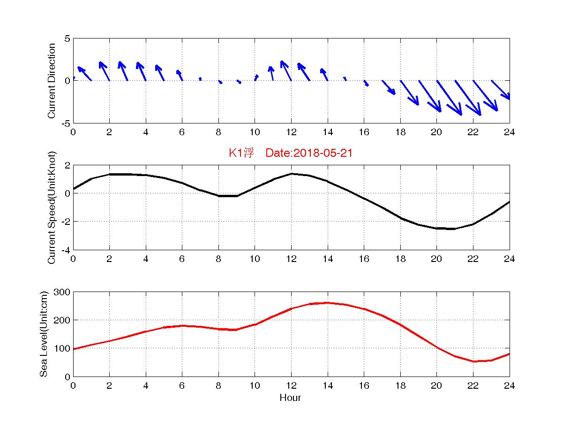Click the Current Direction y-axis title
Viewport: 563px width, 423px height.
(52, 81)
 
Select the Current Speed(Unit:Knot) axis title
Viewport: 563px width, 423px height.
(52, 207)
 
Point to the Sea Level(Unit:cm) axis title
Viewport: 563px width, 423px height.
(44, 334)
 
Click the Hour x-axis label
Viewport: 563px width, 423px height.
(290, 398)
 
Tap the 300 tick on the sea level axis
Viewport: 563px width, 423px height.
(62, 292)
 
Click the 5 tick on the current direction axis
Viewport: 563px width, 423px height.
(67, 38)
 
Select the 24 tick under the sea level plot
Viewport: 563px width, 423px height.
(509, 385)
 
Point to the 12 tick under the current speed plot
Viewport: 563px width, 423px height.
(291, 259)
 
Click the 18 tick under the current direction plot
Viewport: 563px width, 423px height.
(400, 132)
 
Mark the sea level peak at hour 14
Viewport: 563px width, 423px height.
(327, 303)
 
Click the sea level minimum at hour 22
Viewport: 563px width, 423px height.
(473, 361)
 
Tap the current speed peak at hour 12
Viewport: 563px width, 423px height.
(291, 174)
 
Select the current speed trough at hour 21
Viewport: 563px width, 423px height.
(454, 229)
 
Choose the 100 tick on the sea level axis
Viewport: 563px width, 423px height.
(62, 348)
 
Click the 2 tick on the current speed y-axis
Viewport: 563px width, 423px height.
(67, 165)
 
